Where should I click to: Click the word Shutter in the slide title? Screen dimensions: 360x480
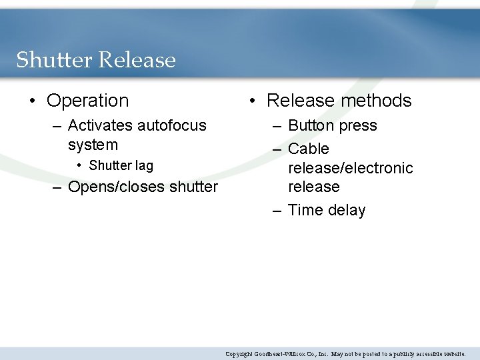(x=54, y=60)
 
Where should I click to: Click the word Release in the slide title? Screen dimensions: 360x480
(x=137, y=60)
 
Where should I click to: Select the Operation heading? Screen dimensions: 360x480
(x=87, y=101)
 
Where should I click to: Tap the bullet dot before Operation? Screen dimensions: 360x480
(x=33, y=101)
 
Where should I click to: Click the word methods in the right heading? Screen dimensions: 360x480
(x=375, y=101)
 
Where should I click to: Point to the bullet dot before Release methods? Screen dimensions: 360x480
(x=253, y=101)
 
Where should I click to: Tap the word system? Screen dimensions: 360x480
(x=93, y=145)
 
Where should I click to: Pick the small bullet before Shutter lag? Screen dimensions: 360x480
(x=79, y=166)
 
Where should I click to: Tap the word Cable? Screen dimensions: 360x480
(x=309, y=149)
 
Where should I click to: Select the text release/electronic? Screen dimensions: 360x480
(x=350, y=168)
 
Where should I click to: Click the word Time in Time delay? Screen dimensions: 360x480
(x=305, y=210)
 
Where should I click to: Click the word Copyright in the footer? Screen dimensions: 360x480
(x=238, y=354)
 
